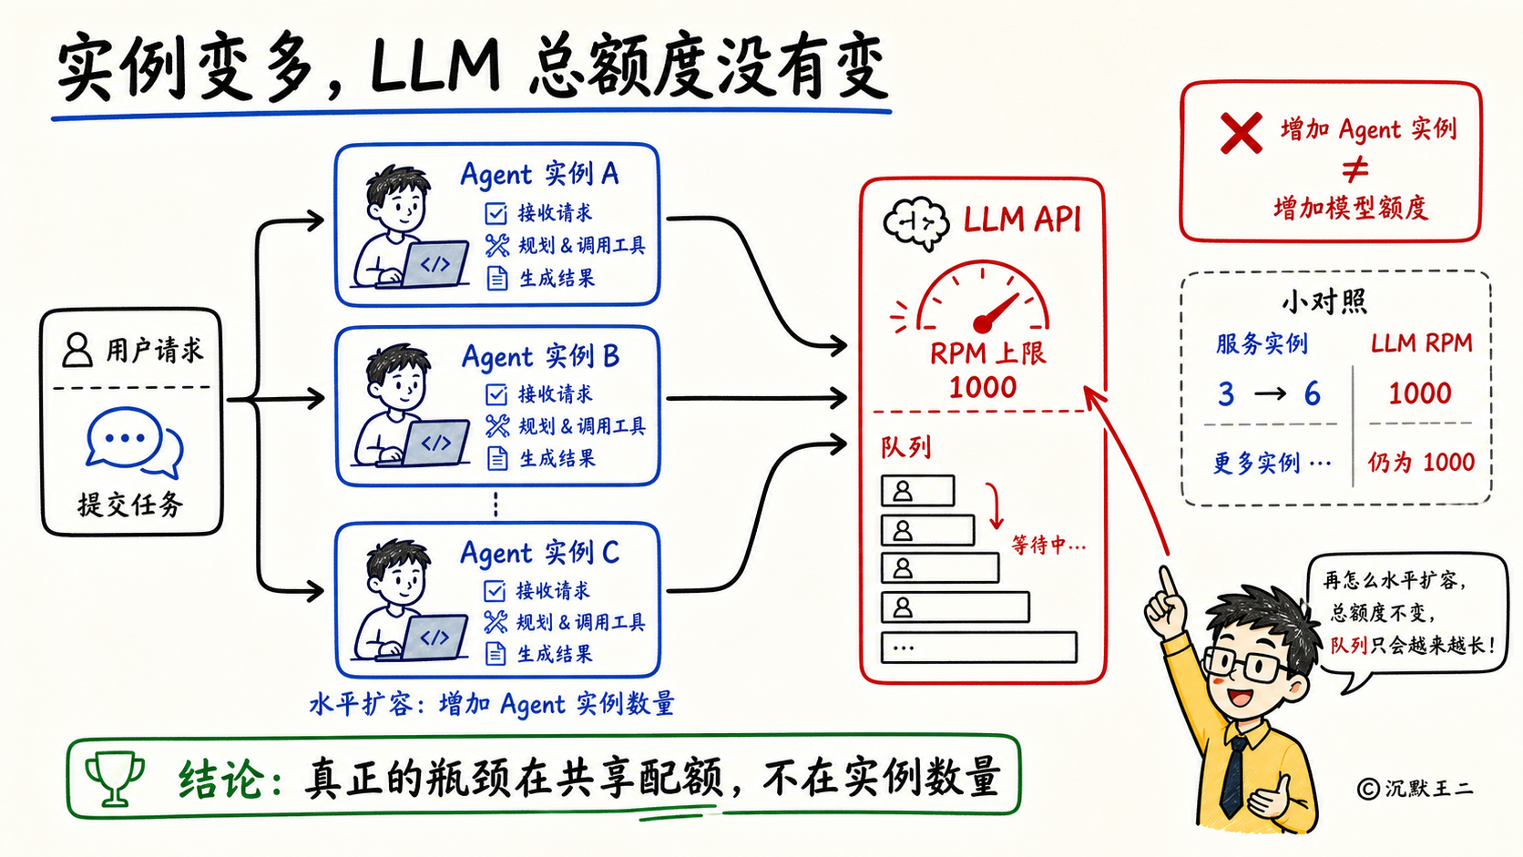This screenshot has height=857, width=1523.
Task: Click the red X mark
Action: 1241,133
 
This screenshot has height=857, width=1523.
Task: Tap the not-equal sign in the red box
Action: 1355,169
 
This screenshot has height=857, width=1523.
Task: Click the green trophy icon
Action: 114,778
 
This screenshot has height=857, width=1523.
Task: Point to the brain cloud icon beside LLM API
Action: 915,223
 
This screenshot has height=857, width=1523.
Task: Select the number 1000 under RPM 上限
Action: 983,387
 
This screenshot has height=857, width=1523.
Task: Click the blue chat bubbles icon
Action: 135,441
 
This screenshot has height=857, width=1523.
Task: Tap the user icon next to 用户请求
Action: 77,350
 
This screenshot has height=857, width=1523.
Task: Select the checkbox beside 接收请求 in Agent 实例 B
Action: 496,394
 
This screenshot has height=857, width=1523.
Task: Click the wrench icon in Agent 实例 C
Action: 496,622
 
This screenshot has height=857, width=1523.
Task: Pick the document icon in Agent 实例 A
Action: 497,278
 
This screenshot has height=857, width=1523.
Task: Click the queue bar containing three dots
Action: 979,647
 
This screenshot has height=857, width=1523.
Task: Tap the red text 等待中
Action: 1048,545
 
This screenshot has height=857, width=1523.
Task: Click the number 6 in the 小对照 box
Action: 1312,393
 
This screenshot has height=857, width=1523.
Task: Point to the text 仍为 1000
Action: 1421,462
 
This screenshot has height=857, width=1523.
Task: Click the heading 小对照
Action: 1324,301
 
